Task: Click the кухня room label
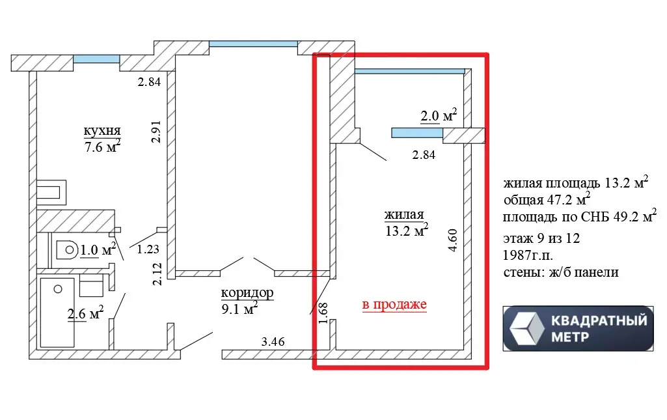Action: coord(102,130)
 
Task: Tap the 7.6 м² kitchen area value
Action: coord(103,147)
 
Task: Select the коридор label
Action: coord(247,293)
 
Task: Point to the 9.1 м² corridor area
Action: coord(239,308)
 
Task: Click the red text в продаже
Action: coord(394,305)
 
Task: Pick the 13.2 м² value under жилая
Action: coord(407,231)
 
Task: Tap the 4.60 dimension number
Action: coord(453,240)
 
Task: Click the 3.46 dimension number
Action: coord(273,341)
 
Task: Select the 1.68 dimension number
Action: coord(323,313)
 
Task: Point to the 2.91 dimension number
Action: coord(157,132)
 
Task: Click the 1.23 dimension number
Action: coord(148,249)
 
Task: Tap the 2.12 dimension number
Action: coord(157,274)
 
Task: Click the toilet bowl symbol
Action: coord(67,250)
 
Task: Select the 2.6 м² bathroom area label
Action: coord(85,313)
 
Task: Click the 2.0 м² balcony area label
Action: coord(439,115)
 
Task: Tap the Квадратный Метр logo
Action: coord(578,328)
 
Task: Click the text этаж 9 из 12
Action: coord(541,238)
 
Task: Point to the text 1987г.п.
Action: coord(528,255)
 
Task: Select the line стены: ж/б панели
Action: coord(561,272)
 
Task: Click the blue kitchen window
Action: coord(96,59)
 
